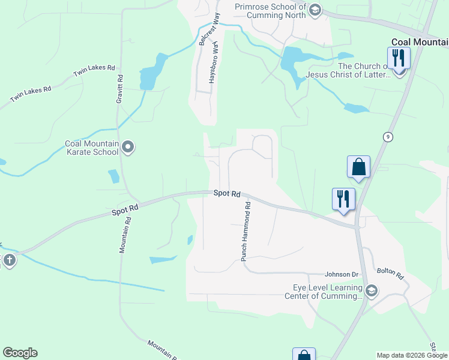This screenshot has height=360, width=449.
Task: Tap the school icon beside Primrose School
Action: pyautogui.click(x=315, y=10)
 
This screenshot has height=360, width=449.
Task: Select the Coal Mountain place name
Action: pyautogui.click(x=420, y=42)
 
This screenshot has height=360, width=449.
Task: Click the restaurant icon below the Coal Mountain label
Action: pyautogui.click(x=399, y=59)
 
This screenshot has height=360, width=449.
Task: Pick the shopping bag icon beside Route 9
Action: pyautogui.click(x=358, y=166)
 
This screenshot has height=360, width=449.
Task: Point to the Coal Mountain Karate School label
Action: pyautogui.click(x=91, y=148)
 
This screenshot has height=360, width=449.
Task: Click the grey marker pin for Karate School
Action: pyautogui.click(x=127, y=147)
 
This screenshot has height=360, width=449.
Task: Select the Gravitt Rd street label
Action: pyautogui.click(x=120, y=87)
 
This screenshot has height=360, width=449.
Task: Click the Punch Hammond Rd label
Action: pyautogui.click(x=246, y=231)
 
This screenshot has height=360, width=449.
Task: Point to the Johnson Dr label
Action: pyautogui.click(x=342, y=274)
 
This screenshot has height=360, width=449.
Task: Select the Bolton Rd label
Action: pyautogui.click(x=390, y=274)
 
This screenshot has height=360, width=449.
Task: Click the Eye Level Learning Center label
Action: pyautogui.click(x=324, y=291)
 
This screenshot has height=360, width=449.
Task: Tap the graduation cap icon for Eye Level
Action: pyautogui.click(x=371, y=292)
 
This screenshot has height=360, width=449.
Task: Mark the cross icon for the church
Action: pyautogui.click(x=8, y=260)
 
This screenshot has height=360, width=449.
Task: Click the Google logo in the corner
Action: pyautogui.click(x=20, y=353)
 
